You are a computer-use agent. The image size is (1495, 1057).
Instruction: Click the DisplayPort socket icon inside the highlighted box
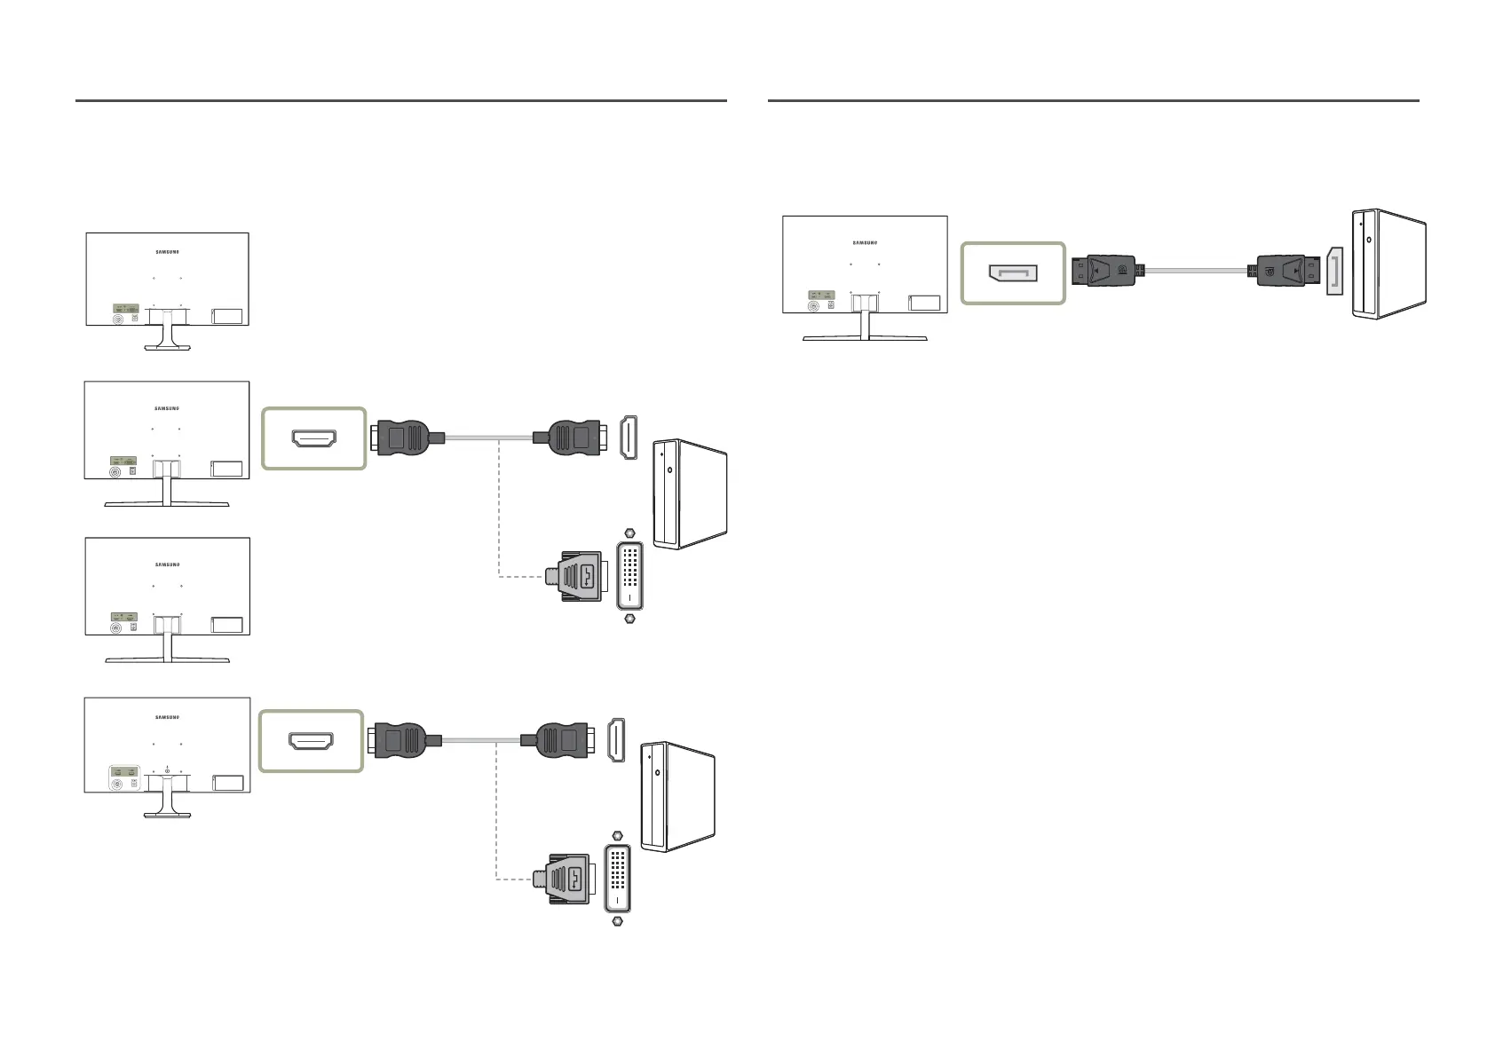click(1012, 272)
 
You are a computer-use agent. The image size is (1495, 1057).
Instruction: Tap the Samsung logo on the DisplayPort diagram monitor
click(865, 241)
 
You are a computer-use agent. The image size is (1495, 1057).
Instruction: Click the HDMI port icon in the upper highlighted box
click(314, 438)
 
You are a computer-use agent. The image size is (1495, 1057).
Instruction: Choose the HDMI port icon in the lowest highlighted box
click(312, 740)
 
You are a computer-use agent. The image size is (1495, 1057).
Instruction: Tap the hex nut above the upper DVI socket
click(629, 535)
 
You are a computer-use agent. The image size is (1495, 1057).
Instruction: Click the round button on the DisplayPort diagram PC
click(1368, 239)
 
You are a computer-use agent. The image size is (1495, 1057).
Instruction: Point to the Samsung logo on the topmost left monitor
click(167, 251)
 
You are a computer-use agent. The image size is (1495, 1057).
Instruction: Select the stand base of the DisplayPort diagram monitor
click(865, 338)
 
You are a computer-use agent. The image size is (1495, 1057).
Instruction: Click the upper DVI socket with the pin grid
click(630, 577)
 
